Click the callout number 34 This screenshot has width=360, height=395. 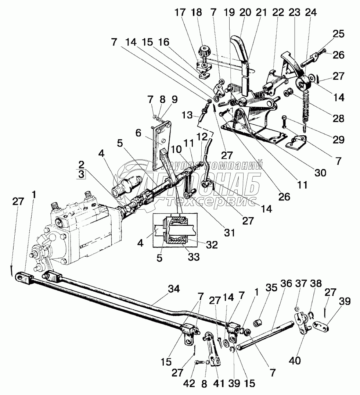coord(174,289)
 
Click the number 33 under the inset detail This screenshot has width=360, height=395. coord(194,257)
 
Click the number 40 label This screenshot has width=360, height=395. coord(295,360)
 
